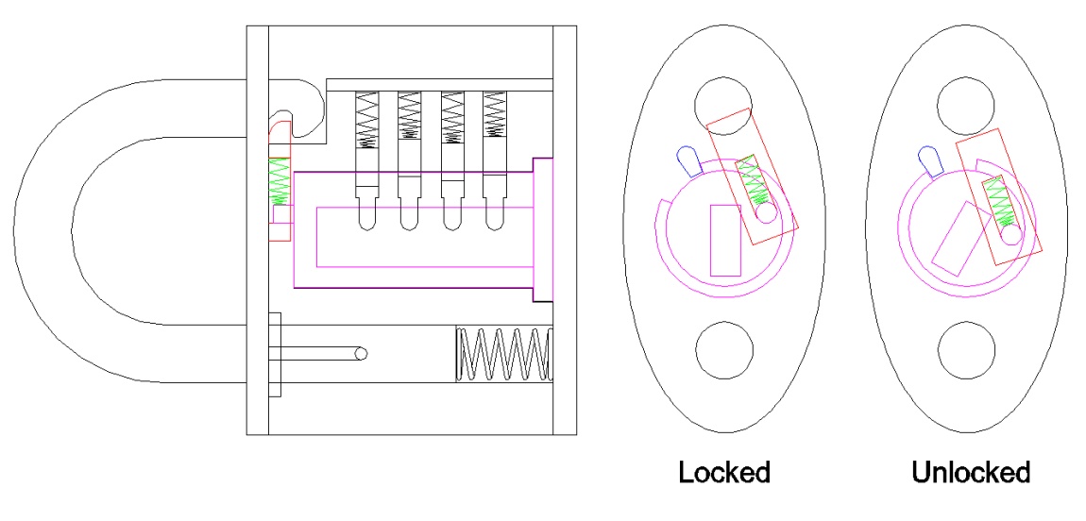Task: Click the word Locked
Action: coord(724,472)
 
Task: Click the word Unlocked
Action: coord(971,472)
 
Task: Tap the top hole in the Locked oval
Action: coord(724,105)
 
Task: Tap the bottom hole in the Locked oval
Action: coord(724,350)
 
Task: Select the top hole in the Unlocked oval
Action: coord(968,105)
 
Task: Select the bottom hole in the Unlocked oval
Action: coord(968,350)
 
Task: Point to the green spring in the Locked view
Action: coord(753,181)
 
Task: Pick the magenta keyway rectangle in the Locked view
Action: coord(725,240)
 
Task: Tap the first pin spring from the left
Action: coord(365,120)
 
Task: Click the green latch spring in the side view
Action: coord(280,182)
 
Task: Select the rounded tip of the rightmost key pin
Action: coord(494,224)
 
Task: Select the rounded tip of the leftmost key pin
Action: coord(366,224)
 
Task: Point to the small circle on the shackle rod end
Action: coord(360,354)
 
